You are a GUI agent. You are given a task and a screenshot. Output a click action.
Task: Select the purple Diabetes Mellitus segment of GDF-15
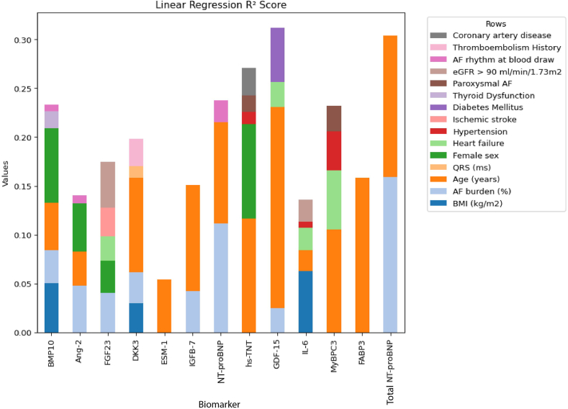click(x=277, y=55)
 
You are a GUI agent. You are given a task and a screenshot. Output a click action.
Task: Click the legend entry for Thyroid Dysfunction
click(x=493, y=95)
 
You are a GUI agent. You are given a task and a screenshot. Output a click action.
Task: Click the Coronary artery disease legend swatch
click(x=438, y=35)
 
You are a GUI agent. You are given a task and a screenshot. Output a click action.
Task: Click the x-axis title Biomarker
click(x=220, y=404)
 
